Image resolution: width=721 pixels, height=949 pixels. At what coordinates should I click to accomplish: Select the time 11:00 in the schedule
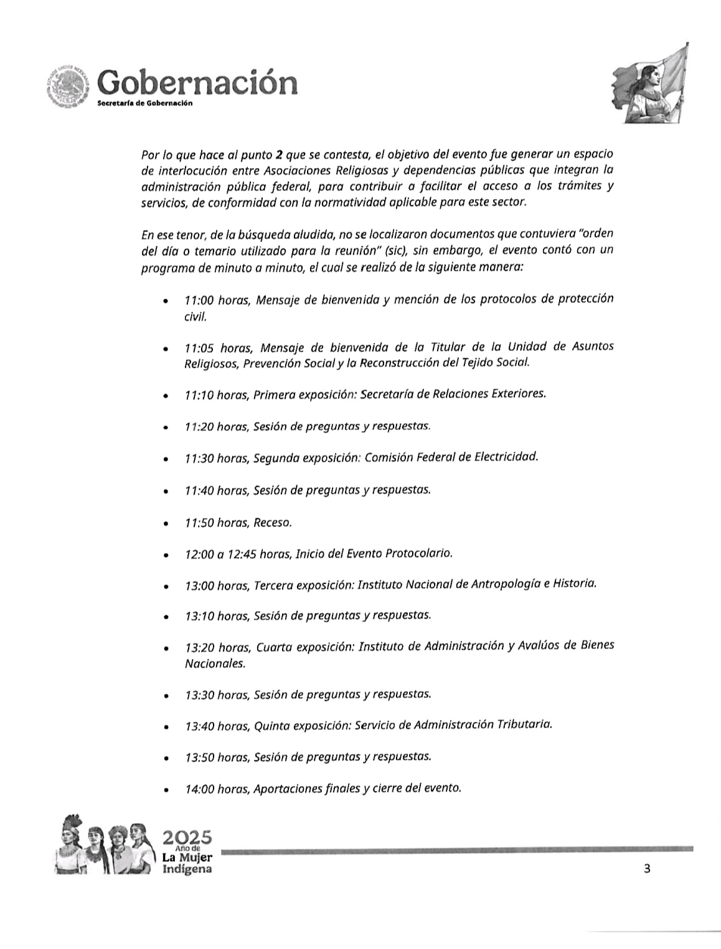pos(199,300)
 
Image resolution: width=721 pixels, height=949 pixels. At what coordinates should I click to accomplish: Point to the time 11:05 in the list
pos(199,347)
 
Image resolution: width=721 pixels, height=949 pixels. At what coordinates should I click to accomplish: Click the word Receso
pos(272,522)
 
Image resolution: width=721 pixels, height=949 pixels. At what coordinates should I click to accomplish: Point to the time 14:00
pos(199,788)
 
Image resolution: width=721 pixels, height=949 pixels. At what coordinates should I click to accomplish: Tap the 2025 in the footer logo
pos(186,837)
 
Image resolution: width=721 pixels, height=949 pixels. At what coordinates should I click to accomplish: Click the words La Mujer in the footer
pos(186,858)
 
